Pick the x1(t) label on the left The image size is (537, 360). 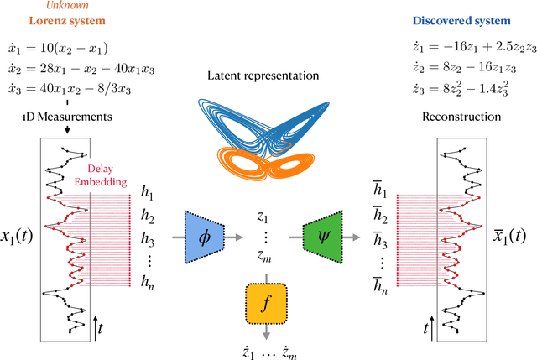point(19,237)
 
